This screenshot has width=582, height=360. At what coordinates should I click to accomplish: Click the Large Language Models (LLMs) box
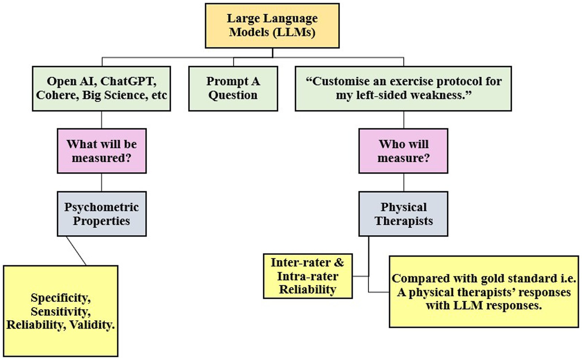272,26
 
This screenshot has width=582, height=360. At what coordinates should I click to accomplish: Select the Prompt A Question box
233,89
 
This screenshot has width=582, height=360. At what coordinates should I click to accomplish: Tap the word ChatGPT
128,82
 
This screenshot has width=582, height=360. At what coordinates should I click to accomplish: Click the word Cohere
58,95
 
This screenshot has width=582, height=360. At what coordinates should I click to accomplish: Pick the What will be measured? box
102,151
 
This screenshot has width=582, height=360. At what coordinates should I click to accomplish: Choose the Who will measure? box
403,151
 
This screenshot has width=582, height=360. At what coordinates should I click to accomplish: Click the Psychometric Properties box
102,214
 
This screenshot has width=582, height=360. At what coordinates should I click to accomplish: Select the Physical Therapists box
403,214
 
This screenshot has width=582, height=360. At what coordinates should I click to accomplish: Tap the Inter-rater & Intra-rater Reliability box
308,276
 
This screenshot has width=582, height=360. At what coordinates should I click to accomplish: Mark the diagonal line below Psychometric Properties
76,251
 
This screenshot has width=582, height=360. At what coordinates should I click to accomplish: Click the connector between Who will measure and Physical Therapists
403,182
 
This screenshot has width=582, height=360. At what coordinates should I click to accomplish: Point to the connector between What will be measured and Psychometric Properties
102,182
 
